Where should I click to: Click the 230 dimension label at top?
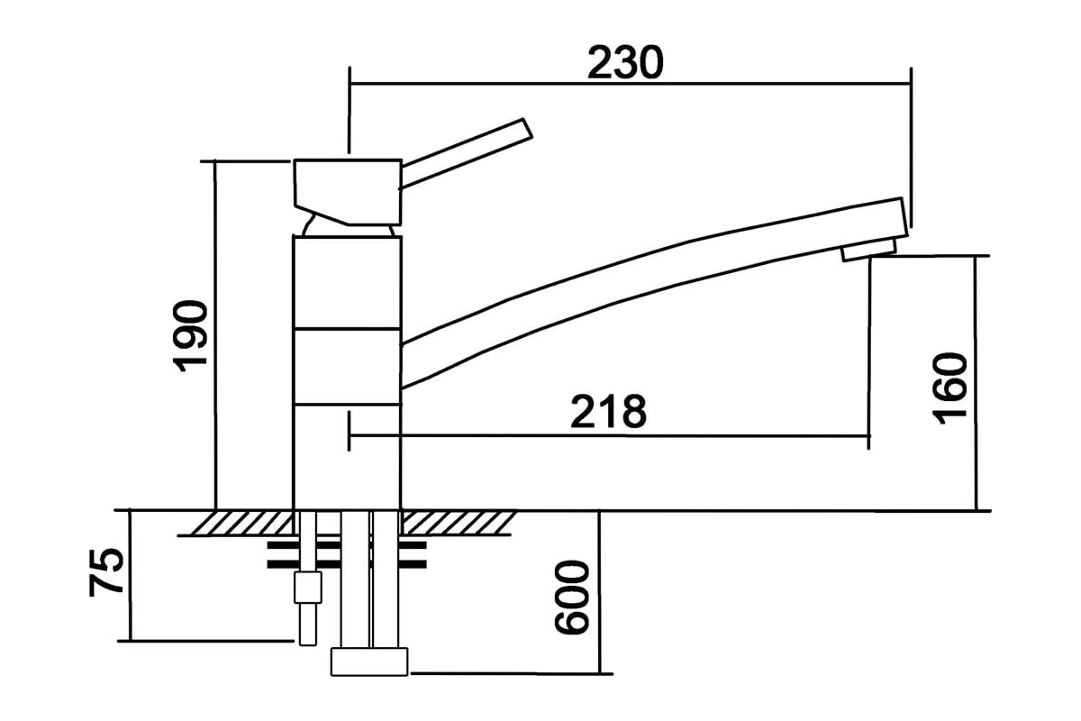coord(625,63)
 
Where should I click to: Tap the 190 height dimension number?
coord(190,336)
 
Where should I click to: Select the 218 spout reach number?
coord(608,411)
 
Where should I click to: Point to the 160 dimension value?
coord(950,388)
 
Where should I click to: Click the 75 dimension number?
coord(106,572)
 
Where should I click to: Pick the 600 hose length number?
coord(572,597)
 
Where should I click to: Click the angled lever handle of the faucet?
coord(467,153)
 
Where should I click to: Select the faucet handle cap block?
coord(348,192)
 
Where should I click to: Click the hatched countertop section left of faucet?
coord(241,523)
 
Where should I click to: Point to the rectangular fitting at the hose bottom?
coord(369,662)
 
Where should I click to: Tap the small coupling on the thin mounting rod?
coord(307,588)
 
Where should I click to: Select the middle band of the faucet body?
coord(347,367)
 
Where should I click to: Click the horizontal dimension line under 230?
coord(631,84)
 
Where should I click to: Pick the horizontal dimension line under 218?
coord(609,436)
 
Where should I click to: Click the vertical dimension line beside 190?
coord(215,335)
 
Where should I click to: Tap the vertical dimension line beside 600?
coord(599,592)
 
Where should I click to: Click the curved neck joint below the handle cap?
coord(349,230)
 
